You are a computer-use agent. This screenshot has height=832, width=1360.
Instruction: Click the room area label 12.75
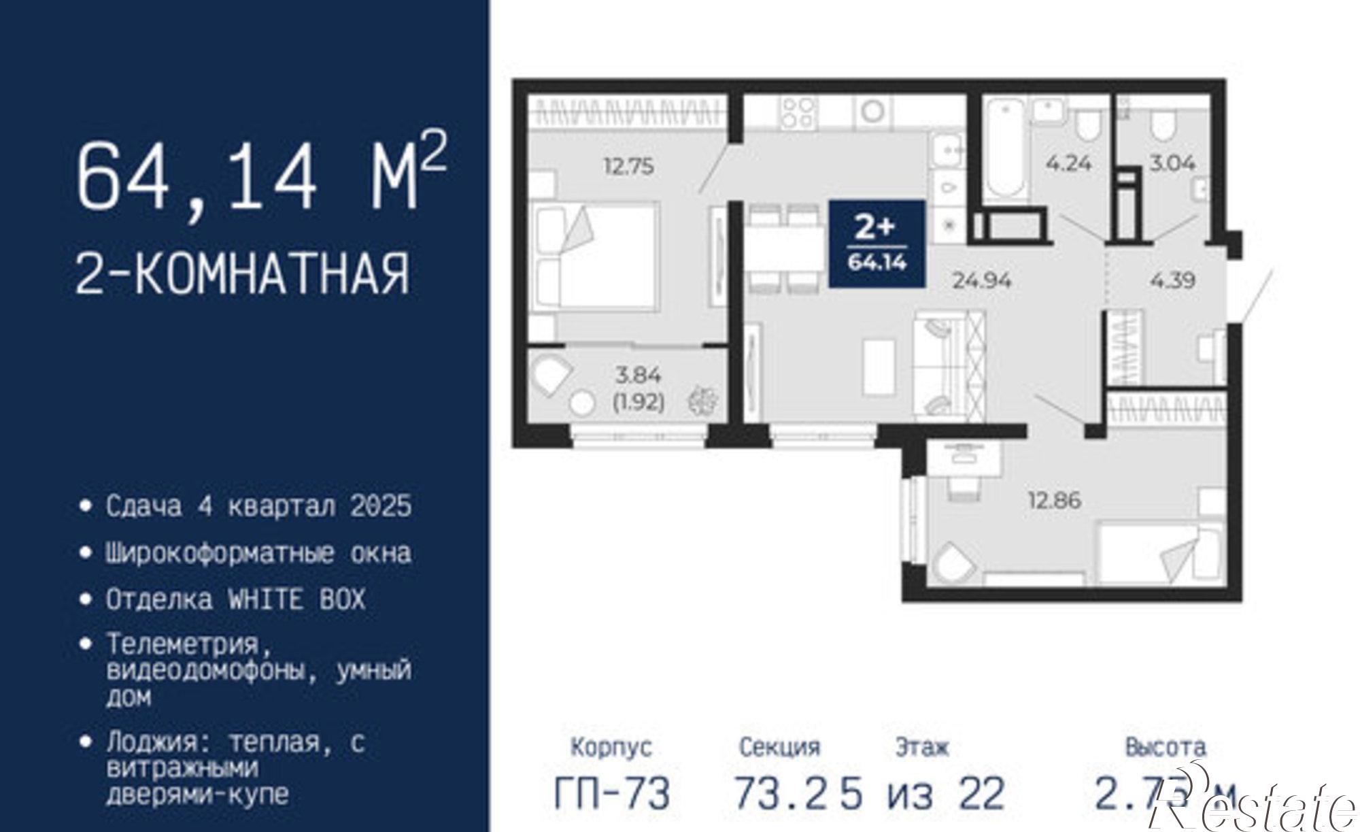click(x=629, y=166)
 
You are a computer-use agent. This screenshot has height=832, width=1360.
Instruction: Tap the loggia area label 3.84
click(x=638, y=374)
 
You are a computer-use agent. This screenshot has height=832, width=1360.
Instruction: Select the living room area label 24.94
click(x=981, y=280)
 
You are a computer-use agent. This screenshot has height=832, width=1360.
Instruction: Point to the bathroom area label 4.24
click(x=1068, y=163)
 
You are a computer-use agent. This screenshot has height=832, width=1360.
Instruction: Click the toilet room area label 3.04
click(x=1172, y=163)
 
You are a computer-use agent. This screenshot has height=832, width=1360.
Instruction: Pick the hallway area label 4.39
click(x=1172, y=280)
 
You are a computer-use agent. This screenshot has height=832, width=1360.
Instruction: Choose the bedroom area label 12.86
click(x=1054, y=501)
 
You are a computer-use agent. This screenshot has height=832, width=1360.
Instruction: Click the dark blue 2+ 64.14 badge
click(x=877, y=244)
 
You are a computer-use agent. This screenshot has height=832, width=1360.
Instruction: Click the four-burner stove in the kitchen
click(x=798, y=112)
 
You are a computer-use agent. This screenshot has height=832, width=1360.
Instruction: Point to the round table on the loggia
click(x=582, y=403)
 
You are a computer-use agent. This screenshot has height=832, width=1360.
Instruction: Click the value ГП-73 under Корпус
click(x=612, y=793)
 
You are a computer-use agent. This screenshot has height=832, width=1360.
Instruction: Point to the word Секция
click(x=779, y=747)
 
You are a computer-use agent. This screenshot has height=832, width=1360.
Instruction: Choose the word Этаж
click(x=921, y=747)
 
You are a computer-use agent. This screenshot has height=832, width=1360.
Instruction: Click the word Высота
click(x=1166, y=747)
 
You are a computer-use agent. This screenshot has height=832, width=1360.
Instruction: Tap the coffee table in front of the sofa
click(x=879, y=366)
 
